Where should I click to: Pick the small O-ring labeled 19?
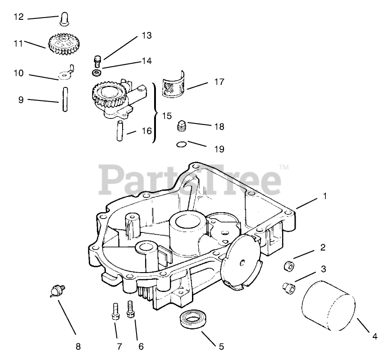[181, 144]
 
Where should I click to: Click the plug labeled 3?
[287, 286]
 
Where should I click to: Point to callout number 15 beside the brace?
[167, 116]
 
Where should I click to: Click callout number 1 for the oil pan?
[324, 196]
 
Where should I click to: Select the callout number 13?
[147, 35]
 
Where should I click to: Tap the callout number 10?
[18, 73]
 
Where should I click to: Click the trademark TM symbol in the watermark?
[284, 167]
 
